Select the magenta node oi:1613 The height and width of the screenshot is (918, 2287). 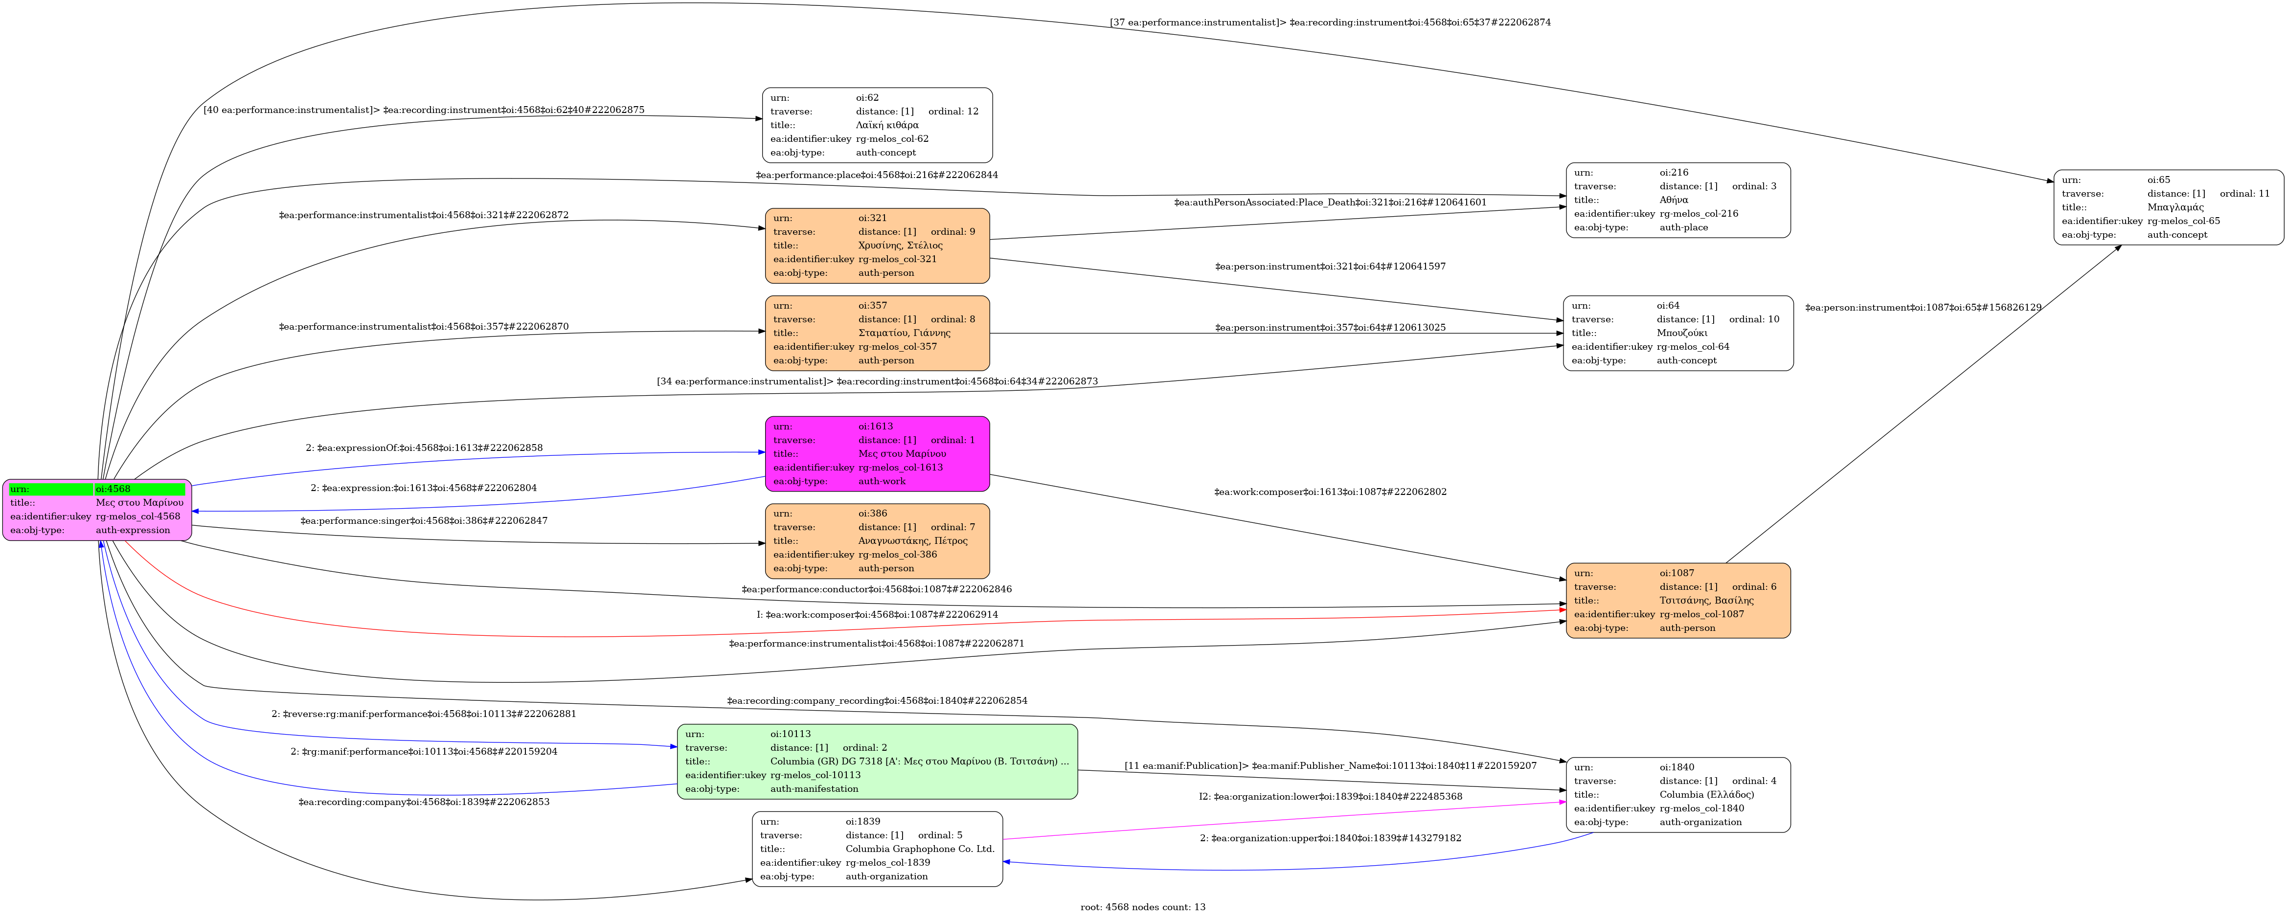[877, 454]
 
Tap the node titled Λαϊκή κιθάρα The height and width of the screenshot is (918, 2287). [877, 125]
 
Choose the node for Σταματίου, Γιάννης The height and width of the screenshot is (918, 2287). [877, 333]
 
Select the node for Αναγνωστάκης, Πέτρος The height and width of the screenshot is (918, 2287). [877, 541]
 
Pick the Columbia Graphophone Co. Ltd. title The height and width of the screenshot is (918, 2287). [920, 849]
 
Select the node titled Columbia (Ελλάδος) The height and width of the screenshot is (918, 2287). [1678, 795]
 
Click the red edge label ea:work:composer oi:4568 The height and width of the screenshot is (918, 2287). [877, 614]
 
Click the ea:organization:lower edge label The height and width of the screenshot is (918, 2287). [1330, 796]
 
